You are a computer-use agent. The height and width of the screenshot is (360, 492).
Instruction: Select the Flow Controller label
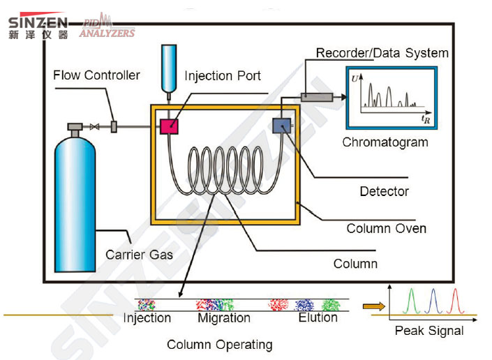[x=96, y=75]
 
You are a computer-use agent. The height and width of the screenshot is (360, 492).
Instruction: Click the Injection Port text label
[x=223, y=76]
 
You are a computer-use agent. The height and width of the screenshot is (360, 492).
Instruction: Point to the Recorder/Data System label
[x=382, y=53]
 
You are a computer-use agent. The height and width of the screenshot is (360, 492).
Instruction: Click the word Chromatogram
[x=385, y=143]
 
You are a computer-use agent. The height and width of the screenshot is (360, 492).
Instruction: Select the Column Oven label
[x=386, y=228]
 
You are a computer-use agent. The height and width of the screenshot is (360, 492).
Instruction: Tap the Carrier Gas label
[x=139, y=255]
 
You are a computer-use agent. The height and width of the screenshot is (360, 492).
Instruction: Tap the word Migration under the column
[x=223, y=318]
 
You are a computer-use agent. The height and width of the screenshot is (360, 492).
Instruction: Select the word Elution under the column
[x=318, y=318]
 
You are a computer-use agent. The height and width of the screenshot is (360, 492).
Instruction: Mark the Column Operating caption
[x=219, y=345]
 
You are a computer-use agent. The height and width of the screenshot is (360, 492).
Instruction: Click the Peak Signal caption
[x=428, y=331]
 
